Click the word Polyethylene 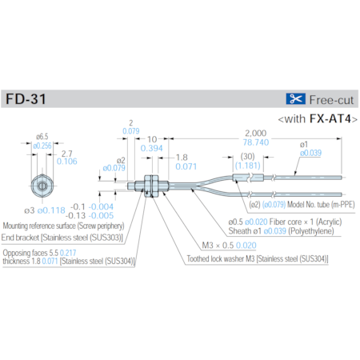pos(314,230)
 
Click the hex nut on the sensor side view pos(149,183)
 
